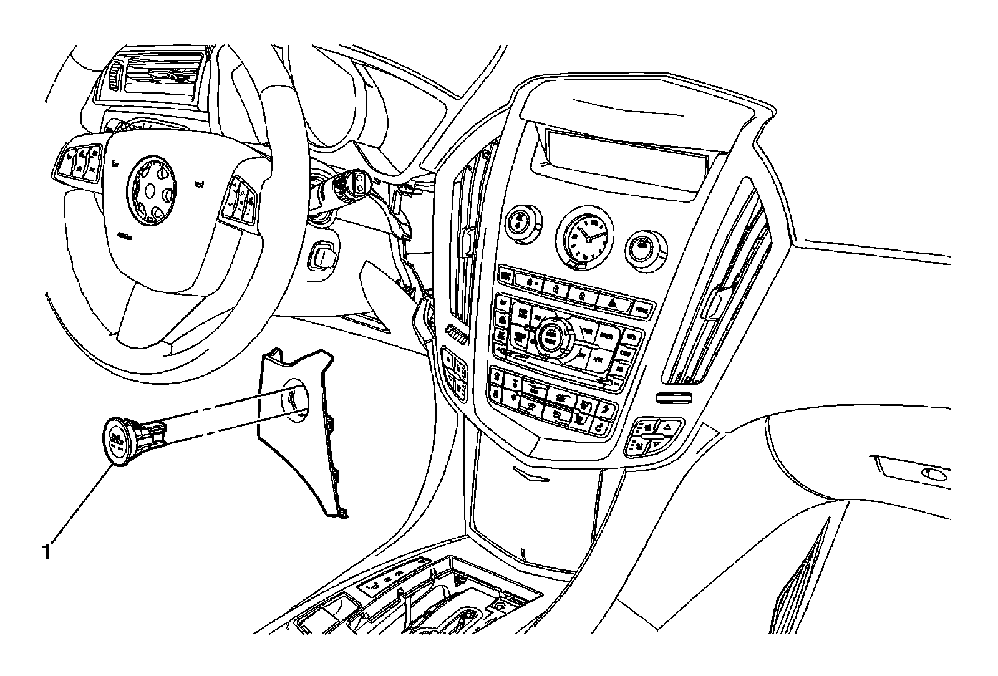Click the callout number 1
point(46,551)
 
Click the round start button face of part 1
point(117,441)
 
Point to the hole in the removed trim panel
point(294,396)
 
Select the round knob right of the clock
point(641,247)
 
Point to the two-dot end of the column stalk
point(361,181)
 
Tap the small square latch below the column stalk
point(322,254)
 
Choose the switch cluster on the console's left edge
point(455,375)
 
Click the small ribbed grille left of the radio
point(457,336)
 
